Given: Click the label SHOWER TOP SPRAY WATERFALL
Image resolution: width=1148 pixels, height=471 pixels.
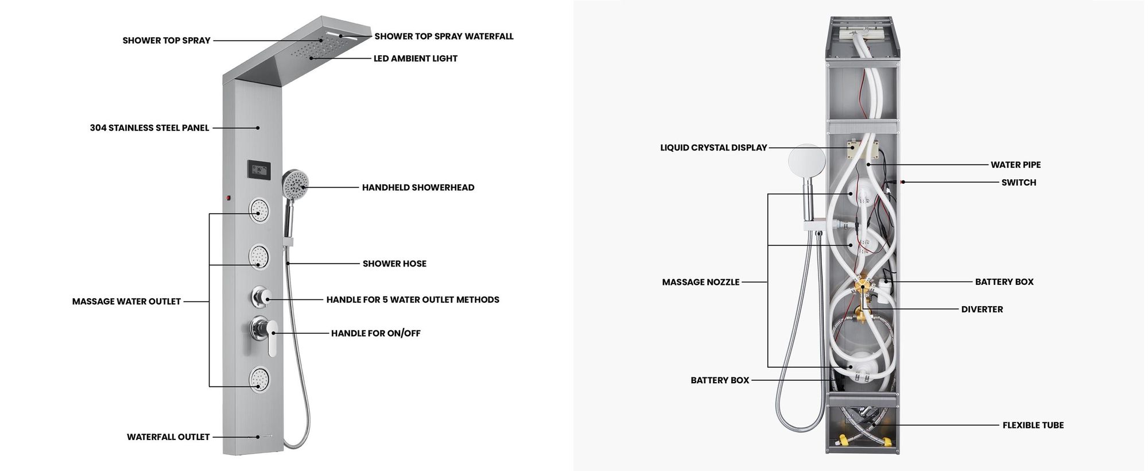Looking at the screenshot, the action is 444,36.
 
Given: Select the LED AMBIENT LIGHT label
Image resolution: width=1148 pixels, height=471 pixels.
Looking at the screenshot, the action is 416,59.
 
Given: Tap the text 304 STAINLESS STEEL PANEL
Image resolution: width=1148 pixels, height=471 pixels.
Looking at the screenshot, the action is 149,128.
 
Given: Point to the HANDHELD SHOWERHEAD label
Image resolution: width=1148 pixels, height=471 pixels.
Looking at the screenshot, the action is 418,187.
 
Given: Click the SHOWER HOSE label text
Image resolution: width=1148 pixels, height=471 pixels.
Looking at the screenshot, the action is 394,264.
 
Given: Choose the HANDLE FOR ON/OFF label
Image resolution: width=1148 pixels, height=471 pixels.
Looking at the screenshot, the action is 375,333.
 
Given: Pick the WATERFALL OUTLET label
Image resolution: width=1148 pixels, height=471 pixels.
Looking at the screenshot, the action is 168,437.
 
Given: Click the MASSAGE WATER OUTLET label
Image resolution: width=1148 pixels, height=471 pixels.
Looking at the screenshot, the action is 126,302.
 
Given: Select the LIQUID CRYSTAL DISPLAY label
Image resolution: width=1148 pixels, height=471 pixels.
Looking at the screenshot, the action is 713,148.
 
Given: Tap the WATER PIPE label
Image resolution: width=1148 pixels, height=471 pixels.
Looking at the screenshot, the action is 1015,165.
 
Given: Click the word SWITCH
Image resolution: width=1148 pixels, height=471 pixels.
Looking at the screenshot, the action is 1019,183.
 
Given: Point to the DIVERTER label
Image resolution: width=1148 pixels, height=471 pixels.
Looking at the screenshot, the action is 982,309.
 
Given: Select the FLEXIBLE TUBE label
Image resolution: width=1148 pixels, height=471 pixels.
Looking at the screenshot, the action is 1033,425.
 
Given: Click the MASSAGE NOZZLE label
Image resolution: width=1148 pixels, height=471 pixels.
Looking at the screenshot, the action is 701,282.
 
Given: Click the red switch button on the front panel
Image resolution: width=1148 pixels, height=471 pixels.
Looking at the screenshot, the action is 228,198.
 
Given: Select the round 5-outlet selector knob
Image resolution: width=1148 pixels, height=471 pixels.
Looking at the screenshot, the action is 260,297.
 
